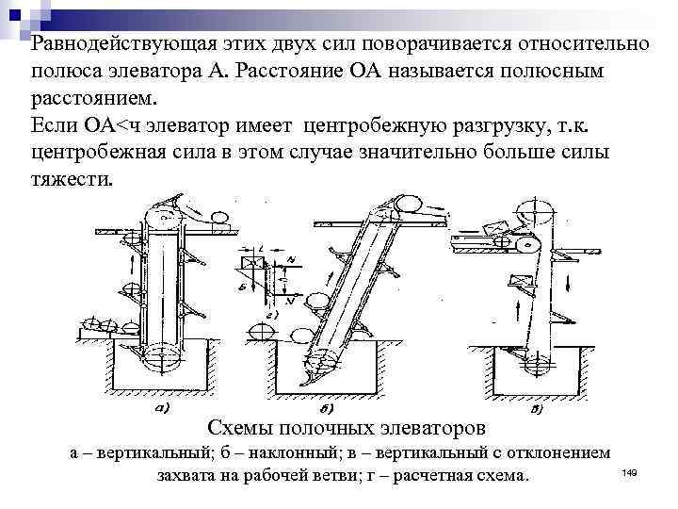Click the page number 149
click(630, 470)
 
